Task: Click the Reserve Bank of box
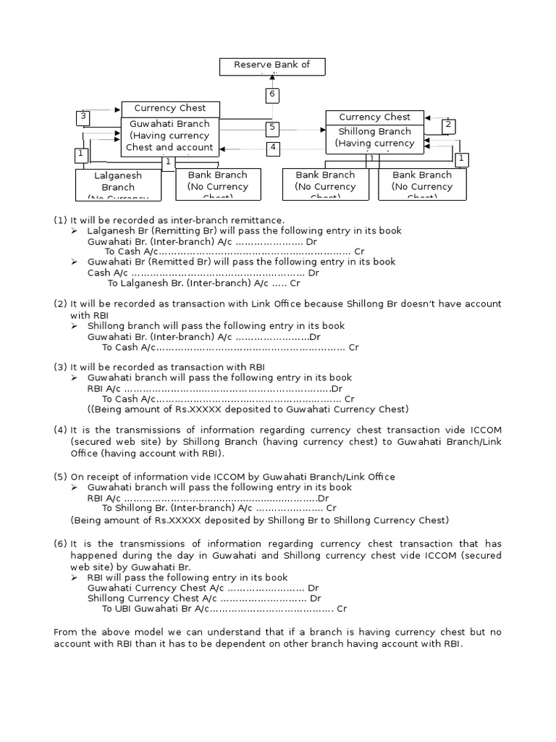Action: (x=272, y=66)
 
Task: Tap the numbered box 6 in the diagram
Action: (x=272, y=94)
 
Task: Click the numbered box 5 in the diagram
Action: (x=272, y=128)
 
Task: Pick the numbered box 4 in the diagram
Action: (x=272, y=148)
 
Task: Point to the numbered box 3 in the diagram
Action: (x=83, y=117)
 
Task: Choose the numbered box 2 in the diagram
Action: (x=448, y=125)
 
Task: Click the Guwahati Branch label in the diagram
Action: (x=169, y=124)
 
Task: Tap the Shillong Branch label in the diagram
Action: (x=374, y=131)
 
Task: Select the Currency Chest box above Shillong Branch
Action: (x=374, y=117)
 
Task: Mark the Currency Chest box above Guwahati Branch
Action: (x=170, y=108)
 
